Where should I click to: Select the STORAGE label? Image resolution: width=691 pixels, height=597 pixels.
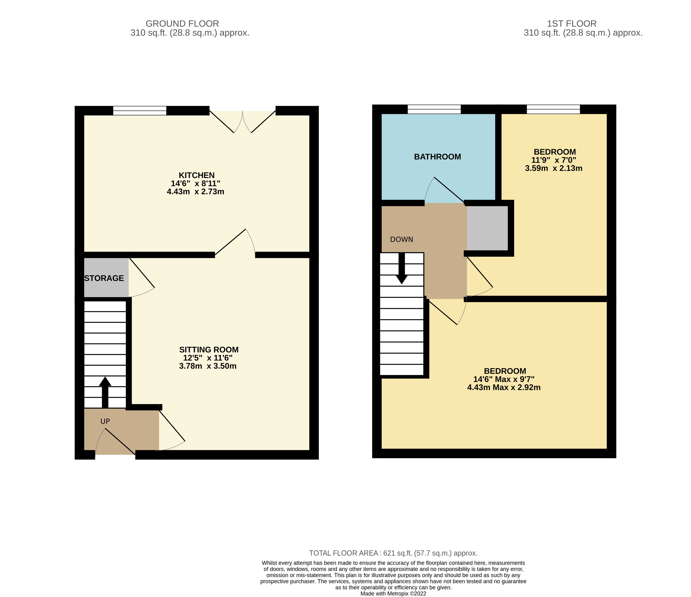[x=104, y=278]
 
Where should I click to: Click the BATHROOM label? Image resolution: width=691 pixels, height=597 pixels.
[x=437, y=157]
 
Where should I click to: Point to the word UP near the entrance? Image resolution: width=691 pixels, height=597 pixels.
[x=105, y=421]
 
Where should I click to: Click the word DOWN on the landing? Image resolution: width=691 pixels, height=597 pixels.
[x=401, y=240]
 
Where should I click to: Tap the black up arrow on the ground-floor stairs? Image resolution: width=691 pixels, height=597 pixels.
[x=105, y=393]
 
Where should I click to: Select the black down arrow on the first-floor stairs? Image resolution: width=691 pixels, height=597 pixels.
[x=401, y=269]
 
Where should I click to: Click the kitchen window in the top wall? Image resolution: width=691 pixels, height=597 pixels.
[x=140, y=111]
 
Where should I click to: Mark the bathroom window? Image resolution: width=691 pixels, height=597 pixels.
[x=434, y=109]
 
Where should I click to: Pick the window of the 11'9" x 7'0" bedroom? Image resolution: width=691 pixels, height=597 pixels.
[x=553, y=109]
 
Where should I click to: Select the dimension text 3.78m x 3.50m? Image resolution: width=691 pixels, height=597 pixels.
[x=208, y=366]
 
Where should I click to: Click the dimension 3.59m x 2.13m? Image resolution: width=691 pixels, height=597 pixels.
[x=554, y=168]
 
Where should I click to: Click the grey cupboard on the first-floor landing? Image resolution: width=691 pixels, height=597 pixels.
[x=487, y=228]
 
